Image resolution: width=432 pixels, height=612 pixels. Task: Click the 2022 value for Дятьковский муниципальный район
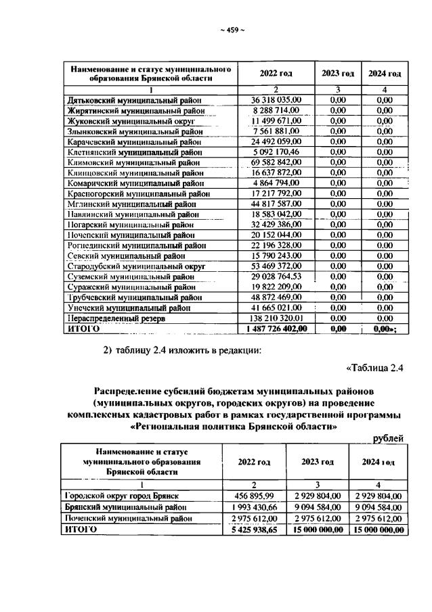point(275,100)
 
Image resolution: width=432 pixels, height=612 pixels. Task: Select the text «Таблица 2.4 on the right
point(374,368)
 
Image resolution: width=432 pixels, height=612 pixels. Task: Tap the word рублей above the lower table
point(388,439)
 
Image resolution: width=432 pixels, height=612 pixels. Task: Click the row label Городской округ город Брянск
point(122,496)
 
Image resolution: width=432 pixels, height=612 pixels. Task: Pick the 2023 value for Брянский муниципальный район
point(318,506)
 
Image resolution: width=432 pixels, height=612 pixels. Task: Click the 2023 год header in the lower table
point(318,462)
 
